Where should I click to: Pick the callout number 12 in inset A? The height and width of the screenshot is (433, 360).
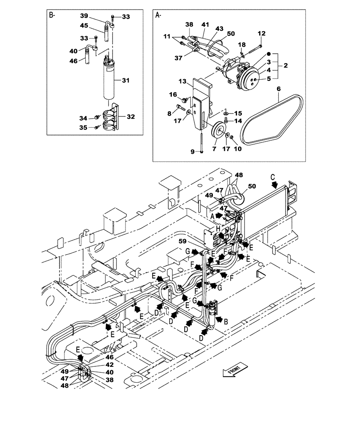click(x=261, y=33)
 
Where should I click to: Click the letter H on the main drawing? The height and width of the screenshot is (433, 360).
click(x=218, y=229)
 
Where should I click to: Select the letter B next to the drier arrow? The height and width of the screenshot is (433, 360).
click(x=225, y=321)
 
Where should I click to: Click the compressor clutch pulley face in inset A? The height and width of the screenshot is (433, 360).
click(x=251, y=78)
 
